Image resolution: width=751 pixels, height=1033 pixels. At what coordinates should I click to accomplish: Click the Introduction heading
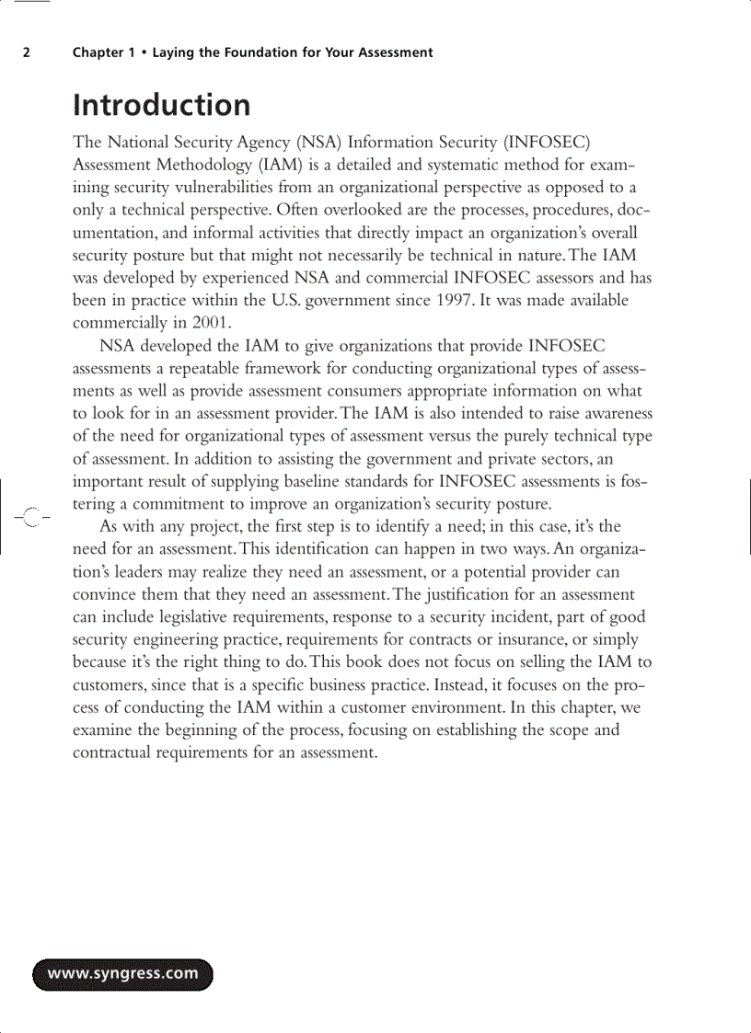coord(161,105)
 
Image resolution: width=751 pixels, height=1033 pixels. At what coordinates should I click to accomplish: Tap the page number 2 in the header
coord(27,52)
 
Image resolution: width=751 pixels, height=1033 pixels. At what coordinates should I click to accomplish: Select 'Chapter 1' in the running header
coord(98,52)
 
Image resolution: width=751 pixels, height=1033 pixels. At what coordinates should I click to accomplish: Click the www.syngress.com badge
coord(122,974)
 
